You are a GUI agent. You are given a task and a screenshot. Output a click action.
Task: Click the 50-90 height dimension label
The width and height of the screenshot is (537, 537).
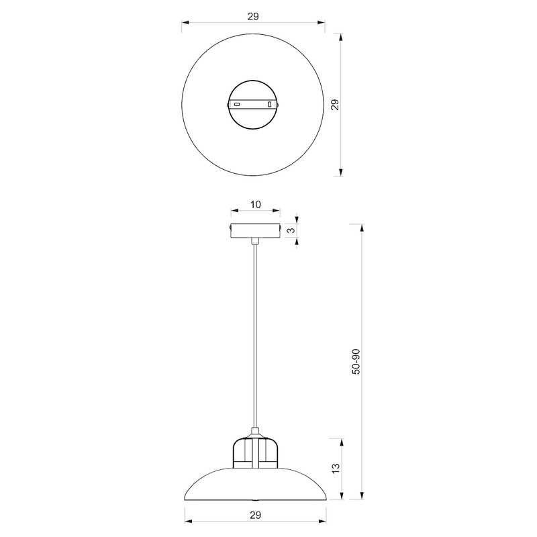click(x=356, y=362)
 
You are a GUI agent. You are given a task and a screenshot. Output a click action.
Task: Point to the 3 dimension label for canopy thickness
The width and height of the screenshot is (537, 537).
click(x=290, y=230)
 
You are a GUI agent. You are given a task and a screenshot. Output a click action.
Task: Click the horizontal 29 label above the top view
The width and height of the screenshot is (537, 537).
click(x=254, y=15)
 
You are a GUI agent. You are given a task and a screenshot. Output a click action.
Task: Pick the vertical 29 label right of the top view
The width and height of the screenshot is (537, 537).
click(x=335, y=104)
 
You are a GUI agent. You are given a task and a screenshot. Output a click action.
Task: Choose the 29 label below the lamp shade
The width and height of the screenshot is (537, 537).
click(x=254, y=515)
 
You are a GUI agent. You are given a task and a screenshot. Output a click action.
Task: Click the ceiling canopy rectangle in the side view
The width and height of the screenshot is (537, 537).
click(x=254, y=230)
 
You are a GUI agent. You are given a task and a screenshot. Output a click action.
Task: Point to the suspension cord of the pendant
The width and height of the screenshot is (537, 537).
click(x=254, y=336)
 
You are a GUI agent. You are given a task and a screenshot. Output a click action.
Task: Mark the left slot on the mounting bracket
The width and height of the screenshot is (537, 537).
click(x=237, y=105)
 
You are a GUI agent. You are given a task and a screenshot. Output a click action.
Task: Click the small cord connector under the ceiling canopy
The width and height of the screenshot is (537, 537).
click(x=254, y=240)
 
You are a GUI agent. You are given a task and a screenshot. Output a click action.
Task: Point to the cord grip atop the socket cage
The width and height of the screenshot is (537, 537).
click(x=254, y=432)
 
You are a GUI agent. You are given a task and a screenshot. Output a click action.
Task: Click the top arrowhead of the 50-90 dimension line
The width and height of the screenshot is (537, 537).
click(x=362, y=227)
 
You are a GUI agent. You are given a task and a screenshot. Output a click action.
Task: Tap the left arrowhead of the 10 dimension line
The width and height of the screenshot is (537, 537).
click(x=232, y=211)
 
